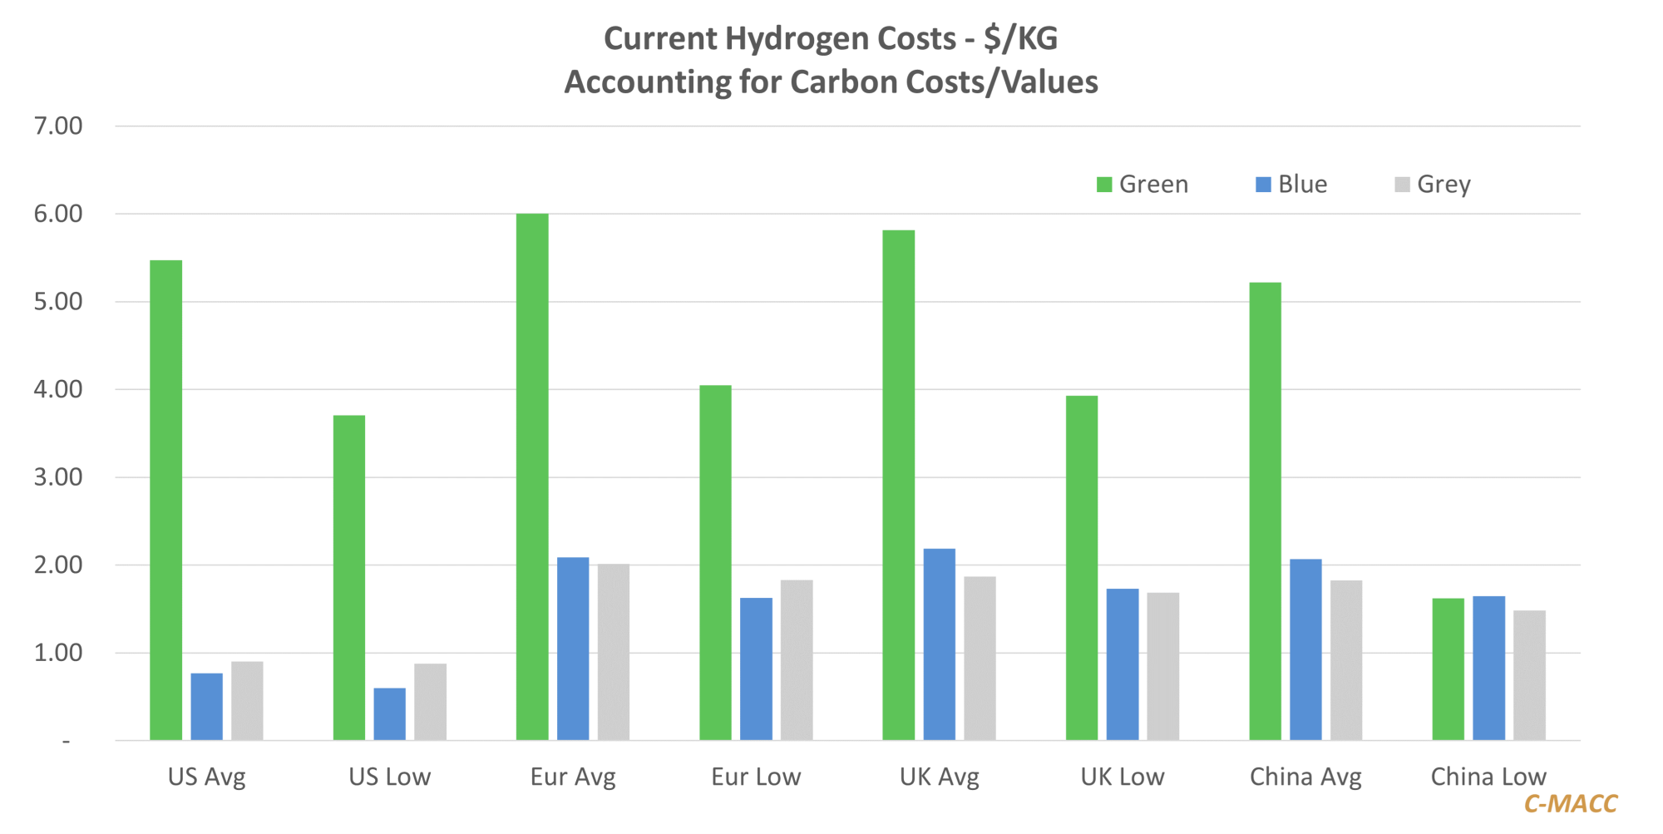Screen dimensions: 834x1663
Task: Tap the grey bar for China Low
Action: (1529, 675)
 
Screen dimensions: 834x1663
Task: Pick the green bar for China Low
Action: (1448, 669)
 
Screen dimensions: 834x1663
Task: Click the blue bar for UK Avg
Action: (940, 644)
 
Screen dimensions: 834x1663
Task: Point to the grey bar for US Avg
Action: (247, 701)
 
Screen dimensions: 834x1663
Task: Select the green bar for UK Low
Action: (1082, 568)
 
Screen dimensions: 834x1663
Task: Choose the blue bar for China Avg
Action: (1305, 649)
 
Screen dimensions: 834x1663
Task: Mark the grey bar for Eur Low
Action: (797, 660)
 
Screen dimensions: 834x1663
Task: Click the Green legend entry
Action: (1142, 184)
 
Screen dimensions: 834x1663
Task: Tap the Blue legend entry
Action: (1291, 184)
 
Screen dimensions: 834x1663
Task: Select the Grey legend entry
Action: (1433, 184)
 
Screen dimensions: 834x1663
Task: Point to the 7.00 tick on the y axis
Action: (58, 126)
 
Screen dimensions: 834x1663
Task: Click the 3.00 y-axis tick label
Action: (58, 477)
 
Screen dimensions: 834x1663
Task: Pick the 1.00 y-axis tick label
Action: (58, 653)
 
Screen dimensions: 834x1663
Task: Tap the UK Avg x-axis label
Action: (940, 777)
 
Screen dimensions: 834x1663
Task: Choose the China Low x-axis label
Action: (1488, 777)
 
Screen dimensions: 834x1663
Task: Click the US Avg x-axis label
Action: (207, 777)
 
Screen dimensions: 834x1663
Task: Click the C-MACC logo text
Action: (1571, 803)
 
